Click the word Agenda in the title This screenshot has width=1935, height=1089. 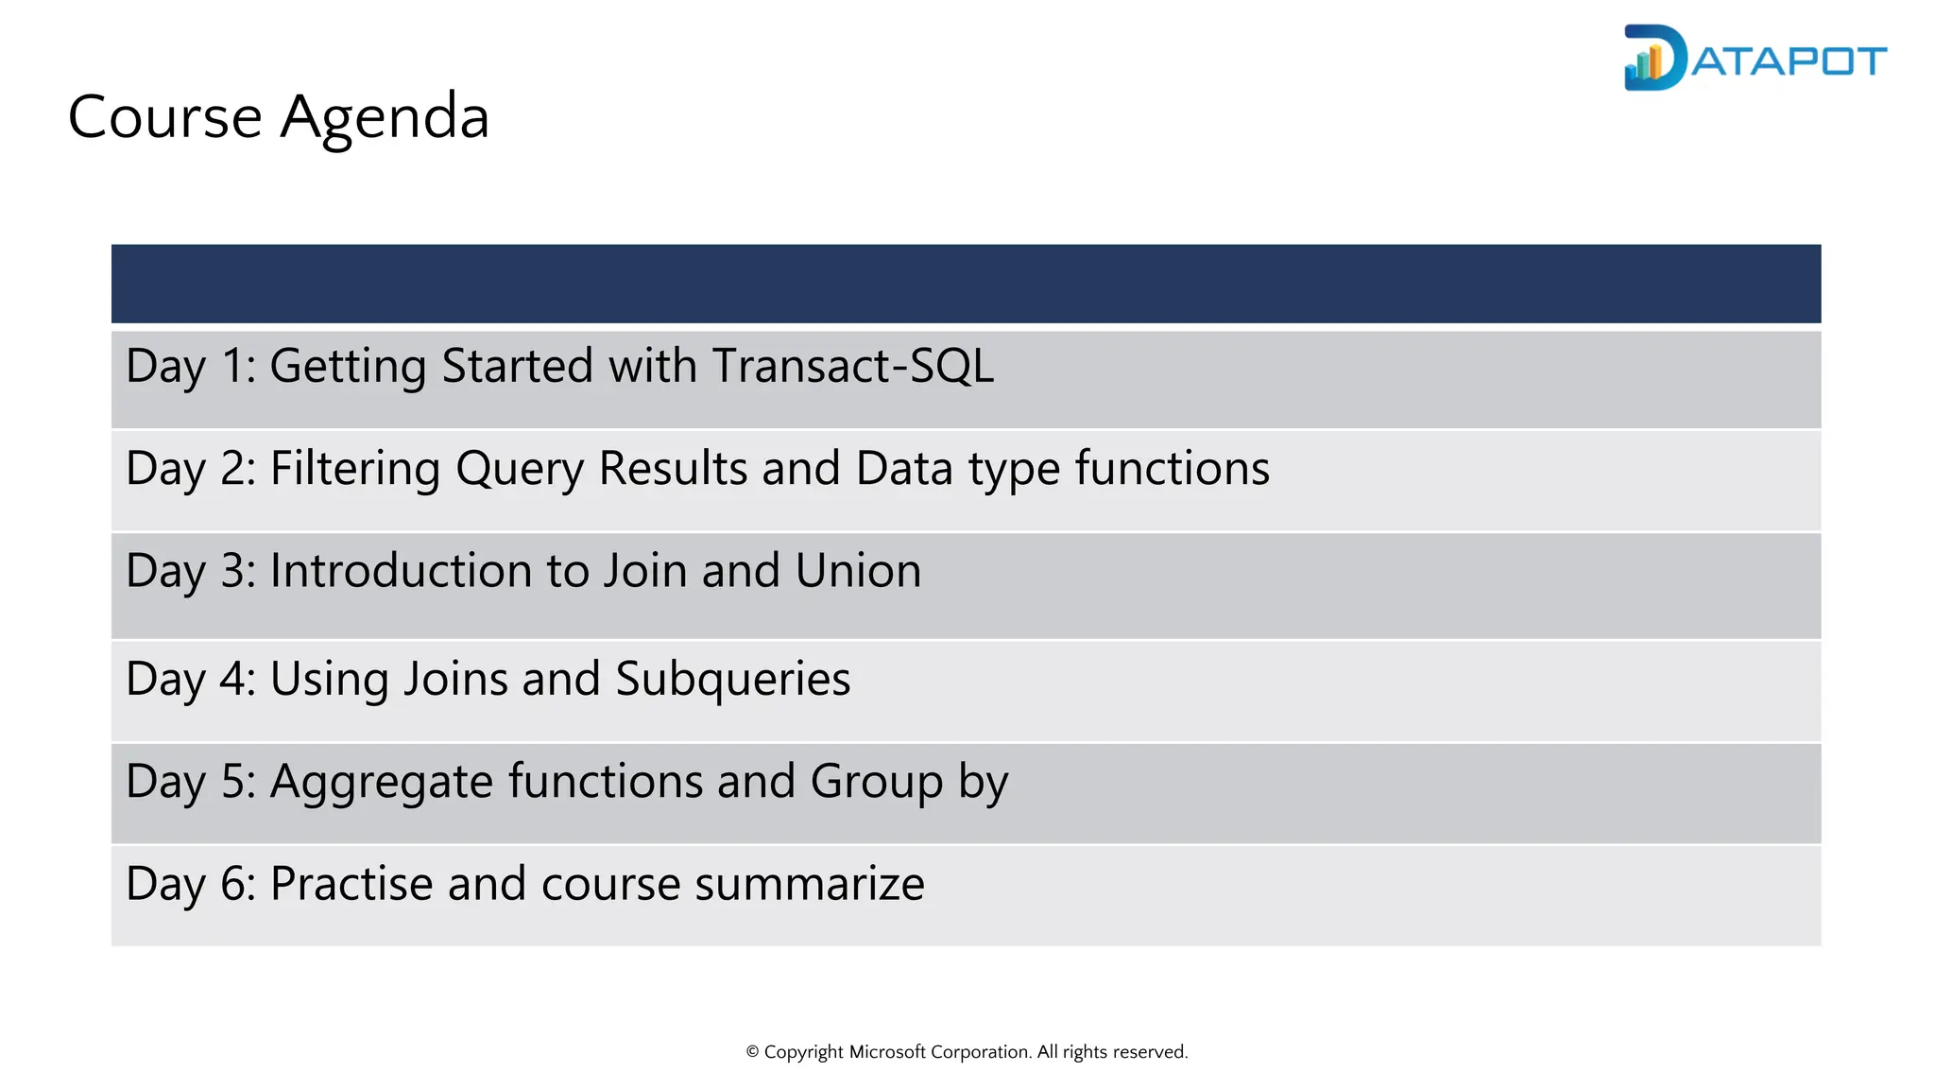(x=385, y=118)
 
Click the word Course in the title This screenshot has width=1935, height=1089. (x=164, y=118)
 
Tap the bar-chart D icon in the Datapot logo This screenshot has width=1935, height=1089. (x=1653, y=59)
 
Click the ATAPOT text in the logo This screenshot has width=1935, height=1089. (x=1789, y=62)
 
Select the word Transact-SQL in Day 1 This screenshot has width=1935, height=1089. (x=852, y=366)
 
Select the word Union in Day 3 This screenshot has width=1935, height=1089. (x=858, y=571)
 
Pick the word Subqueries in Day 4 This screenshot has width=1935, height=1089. (x=732, y=680)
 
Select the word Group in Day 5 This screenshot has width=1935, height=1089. (x=876, y=783)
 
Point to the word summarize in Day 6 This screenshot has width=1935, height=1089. (x=810, y=884)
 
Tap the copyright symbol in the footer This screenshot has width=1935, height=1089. (x=752, y=1052)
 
